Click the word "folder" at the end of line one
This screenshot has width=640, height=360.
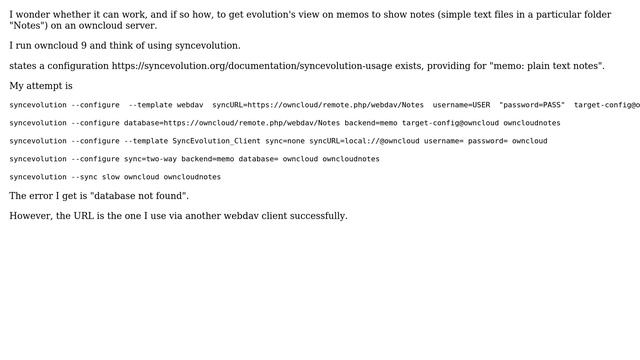click(592, 15)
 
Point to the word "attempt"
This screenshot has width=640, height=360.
click(50, 86)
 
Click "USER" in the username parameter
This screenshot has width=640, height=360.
click(481, 105)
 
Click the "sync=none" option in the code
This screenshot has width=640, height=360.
click(285, 141)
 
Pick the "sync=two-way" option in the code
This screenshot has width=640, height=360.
click(151, 159)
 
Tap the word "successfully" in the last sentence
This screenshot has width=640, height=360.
click(317, 216)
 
